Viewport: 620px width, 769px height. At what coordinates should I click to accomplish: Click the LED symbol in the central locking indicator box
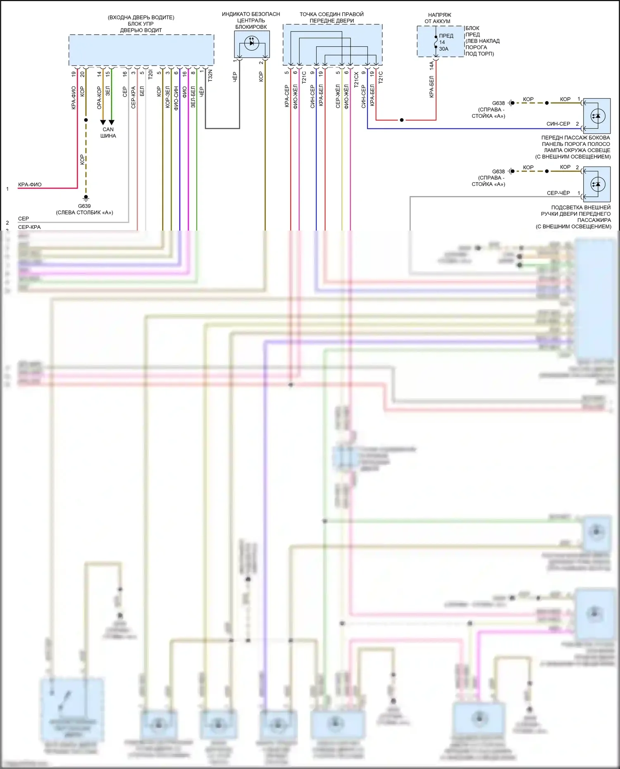252,43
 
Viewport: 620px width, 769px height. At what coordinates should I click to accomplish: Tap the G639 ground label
84,206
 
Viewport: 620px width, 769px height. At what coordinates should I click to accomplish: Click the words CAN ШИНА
108,132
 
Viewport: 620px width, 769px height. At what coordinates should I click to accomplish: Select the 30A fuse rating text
444,49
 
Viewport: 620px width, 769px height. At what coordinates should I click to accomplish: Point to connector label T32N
210,76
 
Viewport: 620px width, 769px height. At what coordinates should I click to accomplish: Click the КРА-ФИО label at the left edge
30,185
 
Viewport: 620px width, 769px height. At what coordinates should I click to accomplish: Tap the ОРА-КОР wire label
99,98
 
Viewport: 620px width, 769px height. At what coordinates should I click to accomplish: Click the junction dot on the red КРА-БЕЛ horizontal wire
401,120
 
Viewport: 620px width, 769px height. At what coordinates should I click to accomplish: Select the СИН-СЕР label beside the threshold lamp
558,124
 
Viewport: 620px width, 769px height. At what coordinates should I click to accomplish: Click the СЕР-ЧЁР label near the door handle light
558,193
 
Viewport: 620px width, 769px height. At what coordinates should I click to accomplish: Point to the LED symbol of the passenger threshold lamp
596,115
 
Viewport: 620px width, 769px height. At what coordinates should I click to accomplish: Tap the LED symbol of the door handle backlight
596,184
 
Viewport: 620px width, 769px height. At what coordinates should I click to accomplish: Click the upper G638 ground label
498,103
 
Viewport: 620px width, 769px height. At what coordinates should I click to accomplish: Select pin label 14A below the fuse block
431,66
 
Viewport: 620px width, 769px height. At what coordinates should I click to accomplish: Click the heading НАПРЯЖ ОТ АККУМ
439,18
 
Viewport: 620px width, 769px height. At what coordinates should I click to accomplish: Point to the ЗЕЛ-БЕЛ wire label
193,97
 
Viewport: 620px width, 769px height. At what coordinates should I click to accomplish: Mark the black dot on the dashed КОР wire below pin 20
86,120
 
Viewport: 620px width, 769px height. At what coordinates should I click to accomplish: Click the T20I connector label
150,74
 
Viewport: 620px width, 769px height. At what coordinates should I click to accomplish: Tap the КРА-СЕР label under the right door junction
286,96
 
